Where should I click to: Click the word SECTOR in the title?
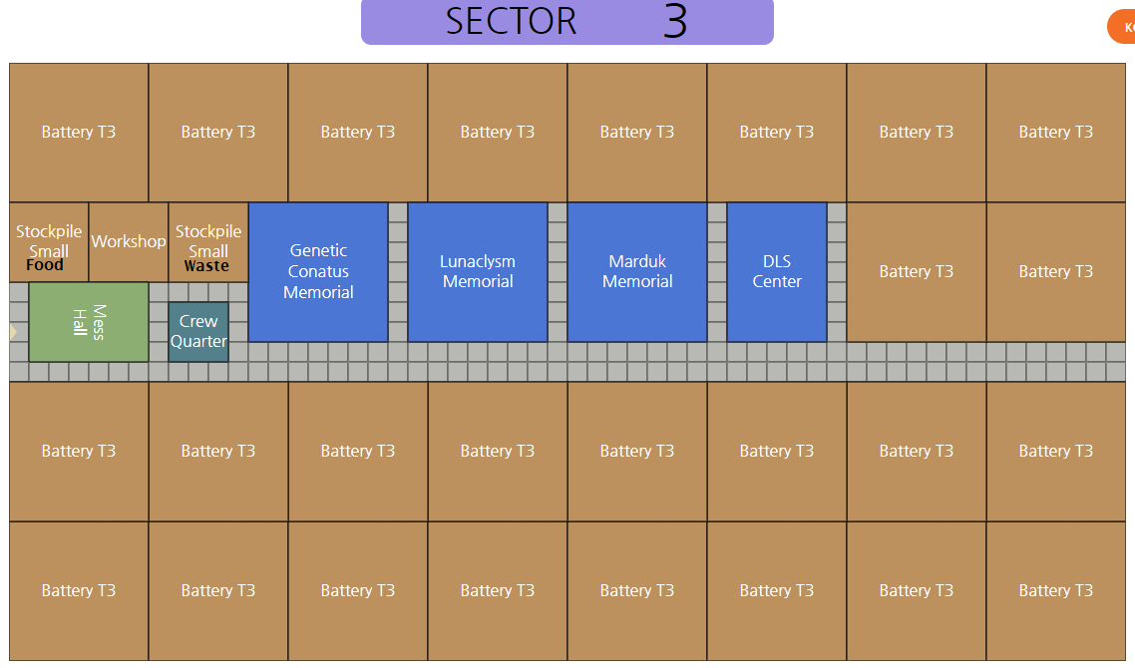coord(511,22)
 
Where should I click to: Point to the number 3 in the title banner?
coord(675,22)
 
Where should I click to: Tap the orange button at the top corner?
coord(1123,27)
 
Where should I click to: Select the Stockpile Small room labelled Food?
coord(49,241)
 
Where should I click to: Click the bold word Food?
coord(45,265)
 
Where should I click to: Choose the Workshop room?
coord(129,241)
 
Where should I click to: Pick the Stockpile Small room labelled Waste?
coord(208,241)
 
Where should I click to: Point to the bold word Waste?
coord(206,266)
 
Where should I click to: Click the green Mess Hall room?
coord(89,322)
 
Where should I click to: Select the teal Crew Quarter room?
coord(198,331)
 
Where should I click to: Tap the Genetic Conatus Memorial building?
coord(318,271)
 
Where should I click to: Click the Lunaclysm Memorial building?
coord(478,271)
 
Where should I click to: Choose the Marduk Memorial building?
coord(637,271)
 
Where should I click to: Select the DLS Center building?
coord(777,271)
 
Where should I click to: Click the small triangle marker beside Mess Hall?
coord(13,331)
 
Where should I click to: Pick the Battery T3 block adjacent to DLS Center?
coord(917,271)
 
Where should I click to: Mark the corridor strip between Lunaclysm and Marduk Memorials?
coord(558,271)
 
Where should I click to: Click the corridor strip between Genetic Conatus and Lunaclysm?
coord(398,271)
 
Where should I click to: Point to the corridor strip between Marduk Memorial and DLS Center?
coord(717,271)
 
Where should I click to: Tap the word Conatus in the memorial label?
coord(318,271)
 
